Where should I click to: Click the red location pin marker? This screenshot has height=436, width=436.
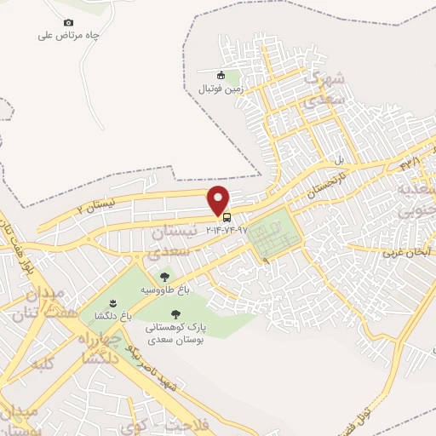220,199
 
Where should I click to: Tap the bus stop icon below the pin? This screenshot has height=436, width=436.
227,216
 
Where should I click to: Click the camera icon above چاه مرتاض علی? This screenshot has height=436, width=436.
69,22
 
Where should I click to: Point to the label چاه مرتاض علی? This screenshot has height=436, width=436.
69,36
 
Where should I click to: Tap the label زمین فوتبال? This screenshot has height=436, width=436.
221,88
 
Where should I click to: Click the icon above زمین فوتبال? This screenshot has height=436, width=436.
221,75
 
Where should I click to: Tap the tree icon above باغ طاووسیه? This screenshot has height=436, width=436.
164,276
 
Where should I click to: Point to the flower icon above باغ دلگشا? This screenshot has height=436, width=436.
113,302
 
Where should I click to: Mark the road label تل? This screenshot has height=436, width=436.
338,158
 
